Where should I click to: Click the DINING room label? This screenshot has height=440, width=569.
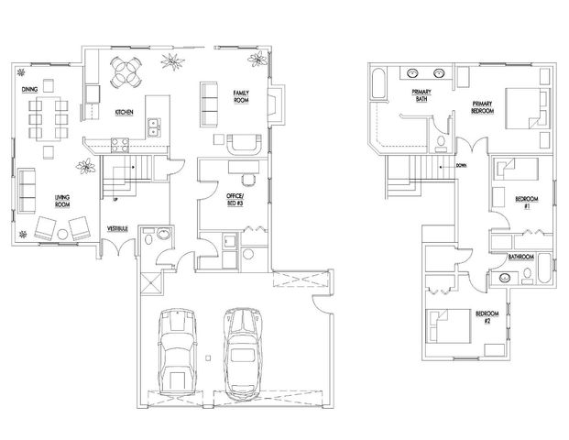click(28, 89)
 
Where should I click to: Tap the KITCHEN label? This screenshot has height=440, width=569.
click(126, 112)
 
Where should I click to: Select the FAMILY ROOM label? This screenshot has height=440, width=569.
click(242, 97)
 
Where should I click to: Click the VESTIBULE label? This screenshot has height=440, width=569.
click(116, 226)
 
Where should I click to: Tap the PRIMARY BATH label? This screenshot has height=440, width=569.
click(421, 94)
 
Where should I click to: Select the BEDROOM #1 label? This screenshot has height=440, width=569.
click(525, 202)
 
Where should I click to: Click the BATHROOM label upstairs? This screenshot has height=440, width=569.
click(522, 258)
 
